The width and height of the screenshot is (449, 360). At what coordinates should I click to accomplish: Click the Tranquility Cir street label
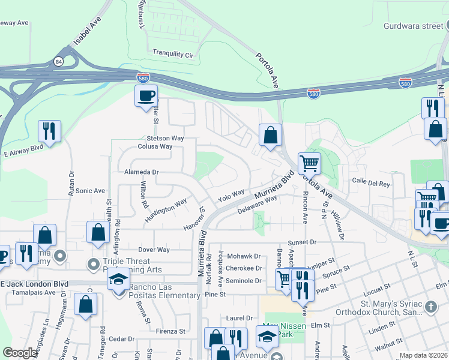pyautogui.click(x=173, y=54)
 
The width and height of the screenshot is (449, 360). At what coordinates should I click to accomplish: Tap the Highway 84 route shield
pyautogui.click(x=58, y=61)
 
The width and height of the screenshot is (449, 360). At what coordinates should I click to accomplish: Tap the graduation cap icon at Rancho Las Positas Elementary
pyautogui.click(x=119, y=280)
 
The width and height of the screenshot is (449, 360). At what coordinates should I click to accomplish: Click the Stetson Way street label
pyautogui.click(x=165, y=138)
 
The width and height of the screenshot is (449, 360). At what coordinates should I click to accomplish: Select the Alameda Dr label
pyautogui.click(x=141, y=172)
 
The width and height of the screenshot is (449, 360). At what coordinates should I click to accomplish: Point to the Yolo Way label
pyautogui.click(x=231, y=196)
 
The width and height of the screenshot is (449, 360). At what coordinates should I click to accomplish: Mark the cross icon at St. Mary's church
pyautogui.click(x=430, y=307)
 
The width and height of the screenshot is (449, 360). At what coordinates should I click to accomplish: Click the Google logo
pyautogui.click(x=20, y=353)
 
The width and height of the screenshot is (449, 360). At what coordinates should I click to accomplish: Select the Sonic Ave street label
pyautogui.click(x=91, y=191)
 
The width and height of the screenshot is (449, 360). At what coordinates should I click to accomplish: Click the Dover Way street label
pyautogui.click(x=154, y=250)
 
